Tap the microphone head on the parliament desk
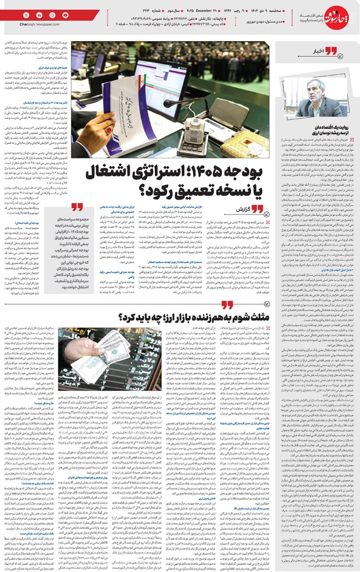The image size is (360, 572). click(168, 104)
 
